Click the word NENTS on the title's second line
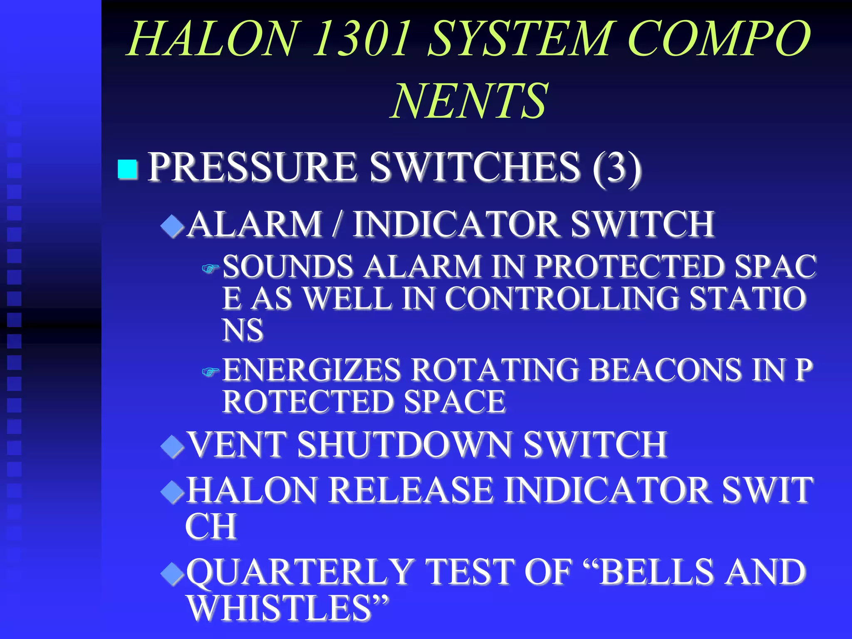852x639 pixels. pyautogui.click(x=469, y=101)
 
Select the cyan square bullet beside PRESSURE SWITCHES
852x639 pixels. pyautogui.click(x=127, y=169)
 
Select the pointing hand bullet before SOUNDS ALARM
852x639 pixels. pyautogui.click(x=210, y=269)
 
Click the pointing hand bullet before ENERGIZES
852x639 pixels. pyautogui.click(x=210, y=372)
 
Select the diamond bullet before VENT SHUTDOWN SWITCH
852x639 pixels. pyautogui.click(x=172, y=447)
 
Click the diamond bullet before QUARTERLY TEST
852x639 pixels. pyautogui.click(x=172, y=574)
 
